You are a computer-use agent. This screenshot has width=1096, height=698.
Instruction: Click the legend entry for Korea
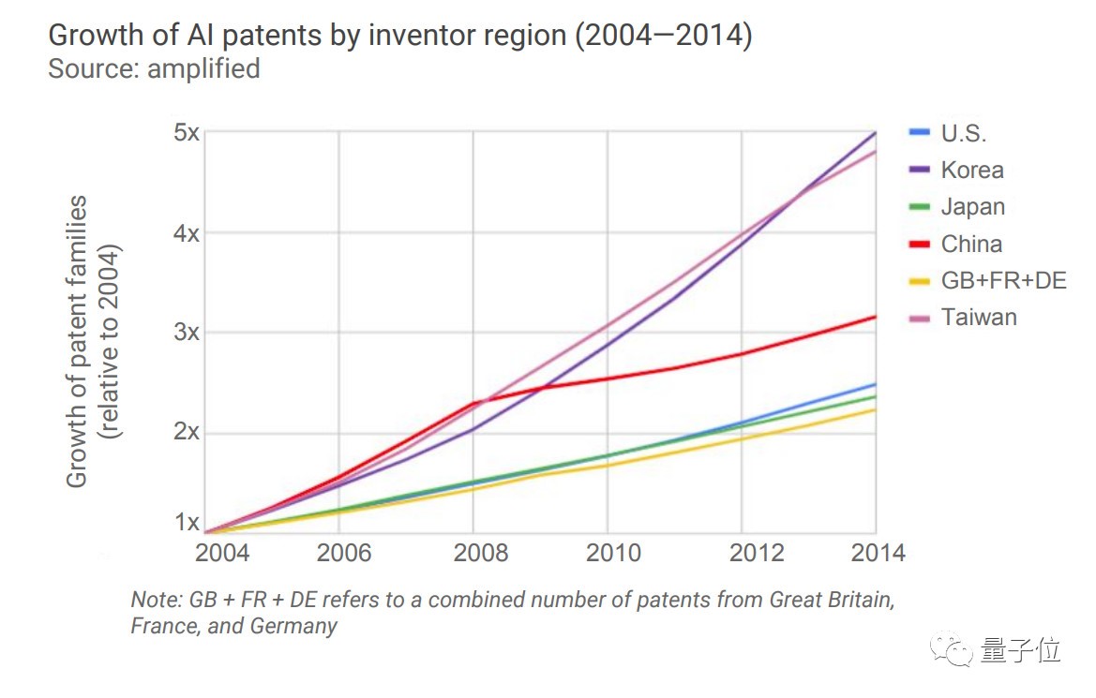972,171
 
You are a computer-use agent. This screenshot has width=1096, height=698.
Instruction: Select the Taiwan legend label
979,317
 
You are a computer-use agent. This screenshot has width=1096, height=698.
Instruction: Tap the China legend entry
971,245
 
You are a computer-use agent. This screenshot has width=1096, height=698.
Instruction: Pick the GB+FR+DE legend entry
1003,280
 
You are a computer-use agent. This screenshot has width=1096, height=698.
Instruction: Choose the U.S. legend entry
964,134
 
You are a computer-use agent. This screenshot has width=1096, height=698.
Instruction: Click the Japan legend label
972,207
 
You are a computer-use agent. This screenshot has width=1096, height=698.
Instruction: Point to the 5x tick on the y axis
186,132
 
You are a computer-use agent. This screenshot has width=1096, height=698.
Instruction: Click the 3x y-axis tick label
186,333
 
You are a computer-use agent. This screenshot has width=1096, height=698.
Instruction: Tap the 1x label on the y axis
188,523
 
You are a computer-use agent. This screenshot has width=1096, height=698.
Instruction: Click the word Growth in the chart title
95,37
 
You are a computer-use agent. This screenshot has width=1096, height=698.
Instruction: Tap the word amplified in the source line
203,69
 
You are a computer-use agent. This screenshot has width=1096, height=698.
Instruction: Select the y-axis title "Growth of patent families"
78,341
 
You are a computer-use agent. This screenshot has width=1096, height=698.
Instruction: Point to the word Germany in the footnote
293,626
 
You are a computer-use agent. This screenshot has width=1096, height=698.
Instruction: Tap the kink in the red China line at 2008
475,404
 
